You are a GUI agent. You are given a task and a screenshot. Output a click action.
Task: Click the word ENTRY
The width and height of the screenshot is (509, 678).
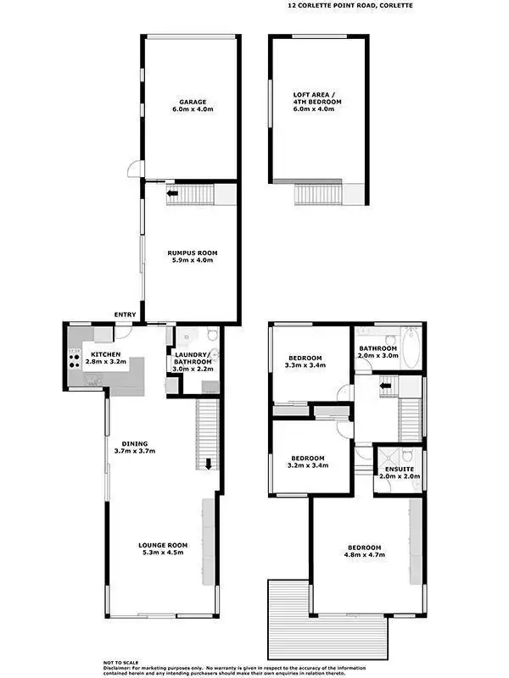coord(126,316)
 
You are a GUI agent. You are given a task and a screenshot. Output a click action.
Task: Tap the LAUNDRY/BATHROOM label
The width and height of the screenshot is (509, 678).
coord(193,355)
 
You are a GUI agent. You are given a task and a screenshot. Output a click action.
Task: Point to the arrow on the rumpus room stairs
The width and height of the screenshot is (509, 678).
coord(173,194)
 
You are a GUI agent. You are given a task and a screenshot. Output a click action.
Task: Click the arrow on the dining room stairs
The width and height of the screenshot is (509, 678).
coord(208,464)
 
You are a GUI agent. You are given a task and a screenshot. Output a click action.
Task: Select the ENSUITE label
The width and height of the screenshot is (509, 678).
coord(398,469)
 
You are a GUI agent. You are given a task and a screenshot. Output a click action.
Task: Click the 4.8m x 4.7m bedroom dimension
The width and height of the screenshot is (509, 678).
coord(363,555)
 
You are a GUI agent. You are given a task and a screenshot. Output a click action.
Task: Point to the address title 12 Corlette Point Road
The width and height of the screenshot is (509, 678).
coord(350,5)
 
